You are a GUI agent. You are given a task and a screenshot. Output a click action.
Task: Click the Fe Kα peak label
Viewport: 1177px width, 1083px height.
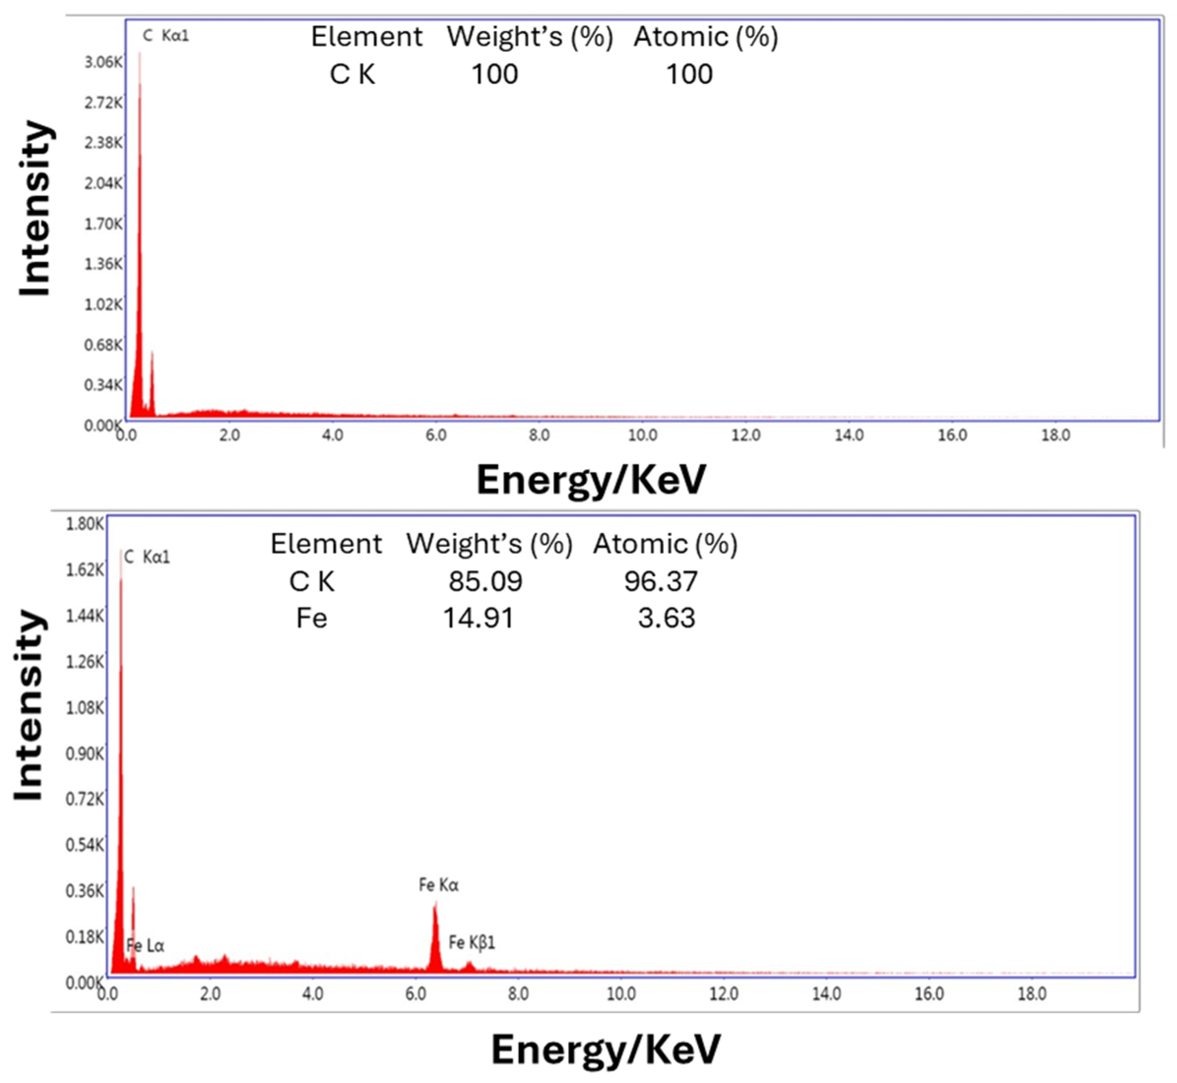coord(438,884)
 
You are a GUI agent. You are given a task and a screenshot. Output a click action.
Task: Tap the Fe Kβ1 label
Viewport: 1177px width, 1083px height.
coord(471,942)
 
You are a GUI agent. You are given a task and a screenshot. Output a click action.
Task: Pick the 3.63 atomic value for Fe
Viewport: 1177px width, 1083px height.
coord(666,617)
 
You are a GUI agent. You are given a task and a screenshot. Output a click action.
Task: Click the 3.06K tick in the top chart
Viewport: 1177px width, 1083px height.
coord(103,62)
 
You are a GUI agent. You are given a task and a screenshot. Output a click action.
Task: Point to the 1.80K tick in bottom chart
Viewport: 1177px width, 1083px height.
coord(85,524)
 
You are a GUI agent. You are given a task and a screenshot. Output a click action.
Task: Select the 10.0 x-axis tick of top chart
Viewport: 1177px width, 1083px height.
coord(642,435)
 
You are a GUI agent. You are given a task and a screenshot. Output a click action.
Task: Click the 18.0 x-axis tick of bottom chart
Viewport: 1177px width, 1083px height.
coord(1031,994)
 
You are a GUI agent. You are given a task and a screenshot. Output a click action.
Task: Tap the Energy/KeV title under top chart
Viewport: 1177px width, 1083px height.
coord(590,479)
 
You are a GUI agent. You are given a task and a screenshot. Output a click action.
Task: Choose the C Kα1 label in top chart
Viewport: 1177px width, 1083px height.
coord(166,36)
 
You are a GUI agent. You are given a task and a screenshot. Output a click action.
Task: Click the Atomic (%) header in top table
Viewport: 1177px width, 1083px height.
coord(706,37)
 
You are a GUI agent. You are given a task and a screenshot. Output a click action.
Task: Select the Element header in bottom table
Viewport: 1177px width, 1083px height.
coord(326,544)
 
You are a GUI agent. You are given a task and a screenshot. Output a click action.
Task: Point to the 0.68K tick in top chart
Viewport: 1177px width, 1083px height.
coord(103,345)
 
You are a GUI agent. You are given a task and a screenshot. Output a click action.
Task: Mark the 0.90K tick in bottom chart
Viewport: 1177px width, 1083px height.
coord(85,753)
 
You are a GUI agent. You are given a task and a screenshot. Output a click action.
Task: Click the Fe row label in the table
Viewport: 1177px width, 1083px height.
coord(311,617)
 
